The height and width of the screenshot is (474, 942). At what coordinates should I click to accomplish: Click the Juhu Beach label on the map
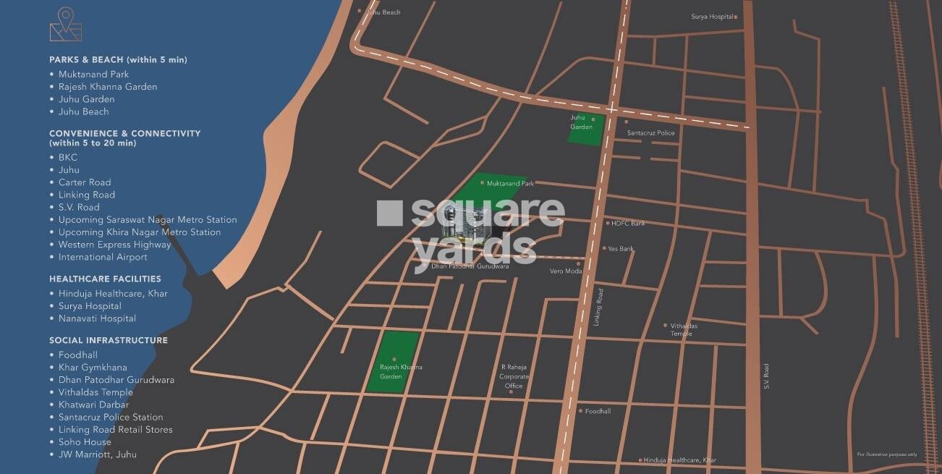pos(384,12)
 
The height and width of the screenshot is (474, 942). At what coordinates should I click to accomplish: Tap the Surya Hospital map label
pos(713,16)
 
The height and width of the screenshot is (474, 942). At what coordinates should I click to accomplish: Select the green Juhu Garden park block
pos(586,129)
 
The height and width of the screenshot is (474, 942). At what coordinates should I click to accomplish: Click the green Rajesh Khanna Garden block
pos(391,362)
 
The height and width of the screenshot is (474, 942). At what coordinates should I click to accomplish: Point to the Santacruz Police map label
pos(651,132)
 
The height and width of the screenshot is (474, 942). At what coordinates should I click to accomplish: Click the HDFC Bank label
pos(628,223)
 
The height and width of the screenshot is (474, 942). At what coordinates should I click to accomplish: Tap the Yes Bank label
pos(621,248)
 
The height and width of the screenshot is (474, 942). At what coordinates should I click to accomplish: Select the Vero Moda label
pos(565,271)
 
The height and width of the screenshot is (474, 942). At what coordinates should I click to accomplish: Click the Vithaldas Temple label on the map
pos(684,329)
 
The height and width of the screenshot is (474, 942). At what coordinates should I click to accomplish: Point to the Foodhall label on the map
pos(598,411)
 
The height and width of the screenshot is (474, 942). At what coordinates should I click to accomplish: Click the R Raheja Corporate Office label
pos(514,376)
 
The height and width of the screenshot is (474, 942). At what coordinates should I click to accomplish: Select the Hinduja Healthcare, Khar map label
pos(679,460)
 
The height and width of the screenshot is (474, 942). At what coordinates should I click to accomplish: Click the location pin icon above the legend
pos(66,25)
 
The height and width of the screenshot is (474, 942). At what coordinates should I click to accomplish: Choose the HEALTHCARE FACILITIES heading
pos(105,279)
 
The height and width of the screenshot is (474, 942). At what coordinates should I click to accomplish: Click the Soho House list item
pos(85,441)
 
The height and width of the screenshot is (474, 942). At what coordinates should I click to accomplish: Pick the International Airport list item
pos(103,257)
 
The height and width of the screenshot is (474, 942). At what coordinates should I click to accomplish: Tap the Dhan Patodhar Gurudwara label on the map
pos(470,266)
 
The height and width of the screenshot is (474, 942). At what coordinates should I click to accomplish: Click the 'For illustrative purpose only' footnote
pos(886,454)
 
